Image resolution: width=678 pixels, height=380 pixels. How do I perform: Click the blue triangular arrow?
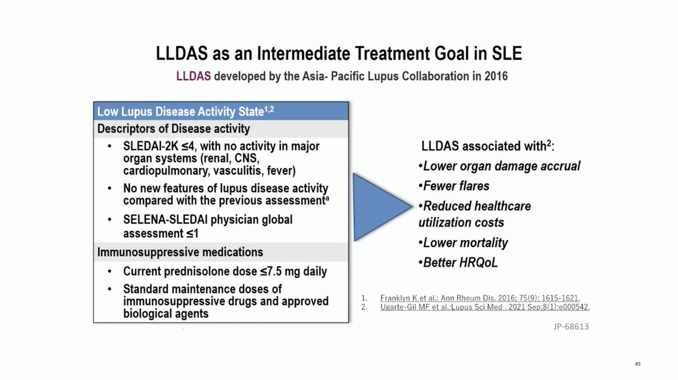(x=377, y=207)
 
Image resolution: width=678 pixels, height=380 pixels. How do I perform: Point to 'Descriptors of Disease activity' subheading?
(x=173, y=129)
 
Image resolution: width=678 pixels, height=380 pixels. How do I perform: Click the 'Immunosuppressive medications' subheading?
(x=180, y=252)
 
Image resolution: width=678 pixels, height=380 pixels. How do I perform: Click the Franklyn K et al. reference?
(x=480, y=298)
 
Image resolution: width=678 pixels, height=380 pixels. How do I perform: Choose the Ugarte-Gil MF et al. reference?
(x=485, y=307)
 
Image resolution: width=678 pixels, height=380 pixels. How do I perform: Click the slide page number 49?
(x=637, y=364)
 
